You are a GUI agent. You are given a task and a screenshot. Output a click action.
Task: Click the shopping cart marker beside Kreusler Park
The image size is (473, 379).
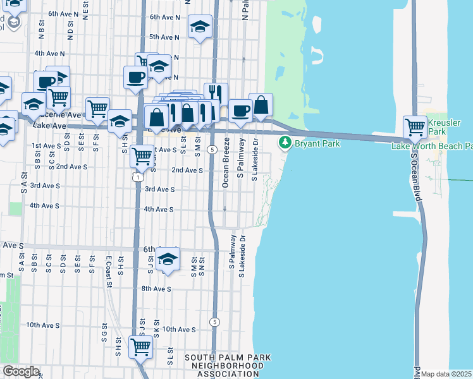[415, 126]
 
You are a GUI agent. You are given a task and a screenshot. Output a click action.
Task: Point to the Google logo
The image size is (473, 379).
[20, 371]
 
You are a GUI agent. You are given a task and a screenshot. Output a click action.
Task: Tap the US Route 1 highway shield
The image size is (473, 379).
[137, 177]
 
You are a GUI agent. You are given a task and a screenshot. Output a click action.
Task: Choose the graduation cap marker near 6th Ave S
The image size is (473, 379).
[168, 258]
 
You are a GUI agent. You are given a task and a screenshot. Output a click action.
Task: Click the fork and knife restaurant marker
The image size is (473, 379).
[215, 94]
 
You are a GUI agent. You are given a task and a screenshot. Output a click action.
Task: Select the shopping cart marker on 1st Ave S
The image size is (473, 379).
[142, 155]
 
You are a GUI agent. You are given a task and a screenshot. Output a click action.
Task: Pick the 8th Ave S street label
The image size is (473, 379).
[156, 289]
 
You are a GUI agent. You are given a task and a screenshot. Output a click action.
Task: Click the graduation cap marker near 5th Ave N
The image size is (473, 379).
[200, 27]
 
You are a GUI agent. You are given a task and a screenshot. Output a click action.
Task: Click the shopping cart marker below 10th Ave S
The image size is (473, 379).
[140, 346]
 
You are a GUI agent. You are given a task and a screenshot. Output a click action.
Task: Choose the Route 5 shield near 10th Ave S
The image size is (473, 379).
[216, 322]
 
